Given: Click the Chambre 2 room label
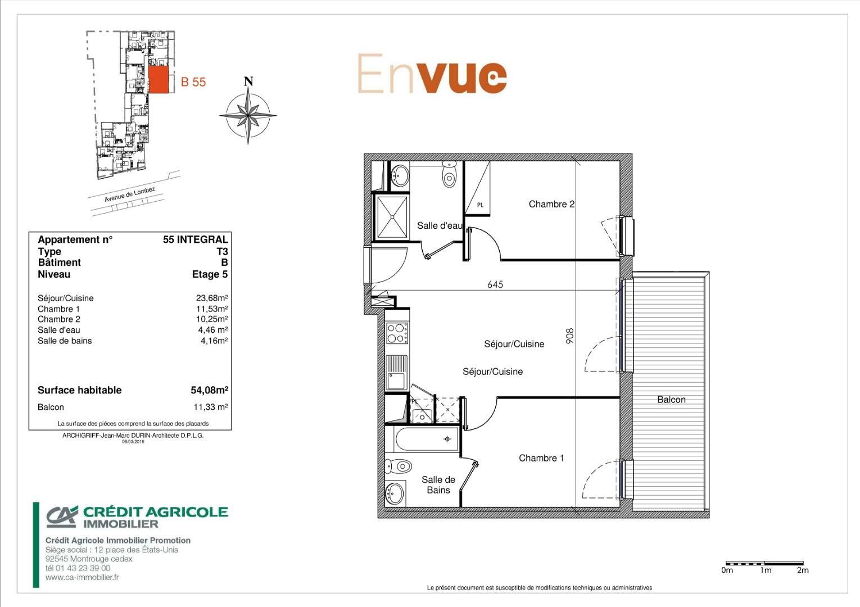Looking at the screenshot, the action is point(551,204).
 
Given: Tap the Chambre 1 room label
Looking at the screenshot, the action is point(541,458).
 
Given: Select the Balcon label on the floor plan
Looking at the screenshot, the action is point(671,400).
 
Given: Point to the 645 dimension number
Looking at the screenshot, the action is point(495,284).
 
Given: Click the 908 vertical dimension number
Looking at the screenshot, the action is point(570,336).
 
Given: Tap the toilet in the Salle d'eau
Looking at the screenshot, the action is point(449,174).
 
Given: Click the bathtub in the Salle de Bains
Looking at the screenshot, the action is point(426,439).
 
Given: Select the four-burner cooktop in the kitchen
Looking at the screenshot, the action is point(397,333).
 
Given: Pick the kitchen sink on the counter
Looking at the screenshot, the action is point(397,373).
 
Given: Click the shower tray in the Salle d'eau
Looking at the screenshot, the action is point(392,218).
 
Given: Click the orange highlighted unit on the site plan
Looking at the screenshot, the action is point(159,80).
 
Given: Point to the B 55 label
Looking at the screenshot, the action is point(193,82).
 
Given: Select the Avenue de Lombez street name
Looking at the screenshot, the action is point(130,194).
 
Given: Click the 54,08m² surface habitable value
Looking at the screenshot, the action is point(209,390).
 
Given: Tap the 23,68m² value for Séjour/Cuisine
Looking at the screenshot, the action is point(212,298).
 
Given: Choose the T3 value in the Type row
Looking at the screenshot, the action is point(222,251).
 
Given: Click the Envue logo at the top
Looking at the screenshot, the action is point(432,73).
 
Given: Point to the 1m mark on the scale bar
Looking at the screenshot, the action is point(766,570).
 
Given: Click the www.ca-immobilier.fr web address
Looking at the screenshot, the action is point(82,577).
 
